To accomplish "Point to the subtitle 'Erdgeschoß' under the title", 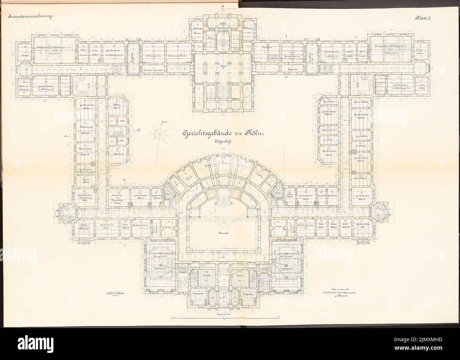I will [223, 141].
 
